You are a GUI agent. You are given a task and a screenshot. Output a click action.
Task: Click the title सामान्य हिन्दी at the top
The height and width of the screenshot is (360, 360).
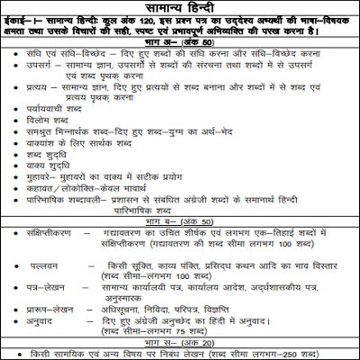[x=180, y=11]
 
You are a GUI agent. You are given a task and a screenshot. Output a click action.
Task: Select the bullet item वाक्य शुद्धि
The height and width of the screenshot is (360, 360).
[x=49, y=192]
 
